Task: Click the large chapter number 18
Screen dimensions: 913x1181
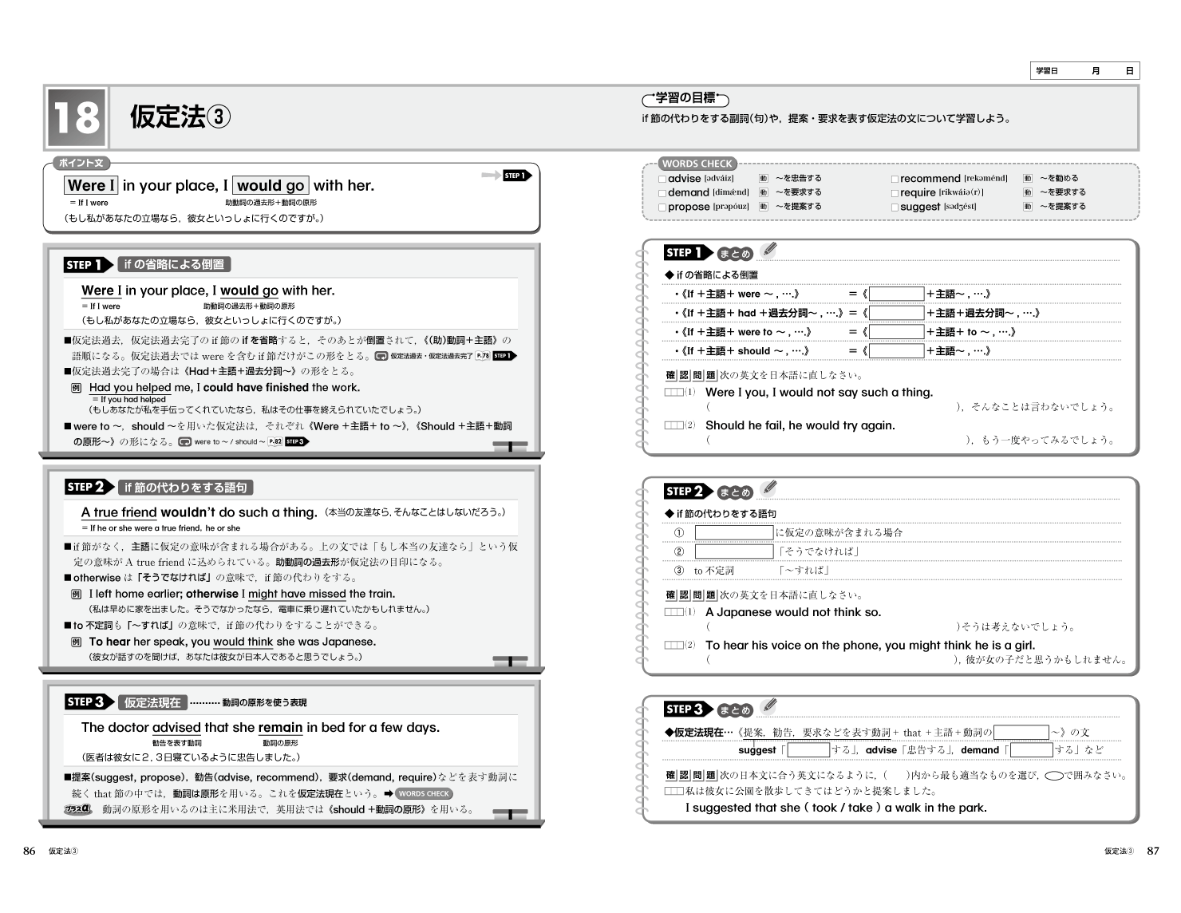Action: [76, 117]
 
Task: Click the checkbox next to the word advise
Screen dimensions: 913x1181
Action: [662, 180]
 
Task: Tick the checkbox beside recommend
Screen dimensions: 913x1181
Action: [895, 180]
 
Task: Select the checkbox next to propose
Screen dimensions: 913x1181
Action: [662, 207]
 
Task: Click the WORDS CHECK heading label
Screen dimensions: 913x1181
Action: [697, 164]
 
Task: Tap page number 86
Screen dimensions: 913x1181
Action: [30, 851]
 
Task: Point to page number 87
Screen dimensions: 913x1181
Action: [1152, 851]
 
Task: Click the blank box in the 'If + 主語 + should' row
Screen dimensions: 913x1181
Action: [896, 351]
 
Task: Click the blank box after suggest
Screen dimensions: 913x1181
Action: [808, 750]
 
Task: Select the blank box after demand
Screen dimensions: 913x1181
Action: [1031, 750]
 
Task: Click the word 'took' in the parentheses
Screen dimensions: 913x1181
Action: [824, 808]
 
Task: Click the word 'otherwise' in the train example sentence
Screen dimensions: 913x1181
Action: [212, 594]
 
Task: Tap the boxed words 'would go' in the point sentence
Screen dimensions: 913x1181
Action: [271, 186]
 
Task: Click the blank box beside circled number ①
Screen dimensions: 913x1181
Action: [733, 532]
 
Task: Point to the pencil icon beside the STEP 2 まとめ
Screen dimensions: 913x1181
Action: [769, 488]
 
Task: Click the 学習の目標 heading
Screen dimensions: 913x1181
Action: [685, 98]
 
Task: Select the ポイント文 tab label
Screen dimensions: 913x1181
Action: [81, 163]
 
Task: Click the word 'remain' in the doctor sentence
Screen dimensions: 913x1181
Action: [280, 728]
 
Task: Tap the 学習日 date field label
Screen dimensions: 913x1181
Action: [1047, 71]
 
